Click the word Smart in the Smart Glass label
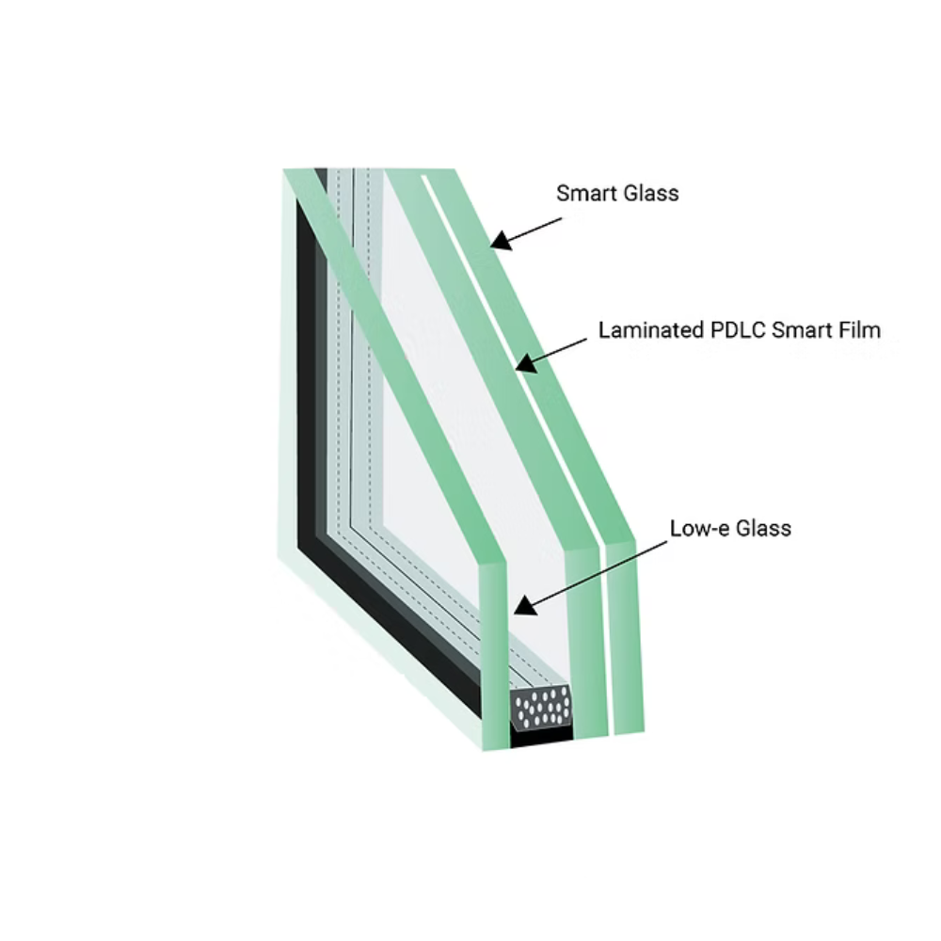tap(586, 194)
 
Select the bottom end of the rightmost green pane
tap(629, 715)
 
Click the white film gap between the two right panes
tap(605, 659)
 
